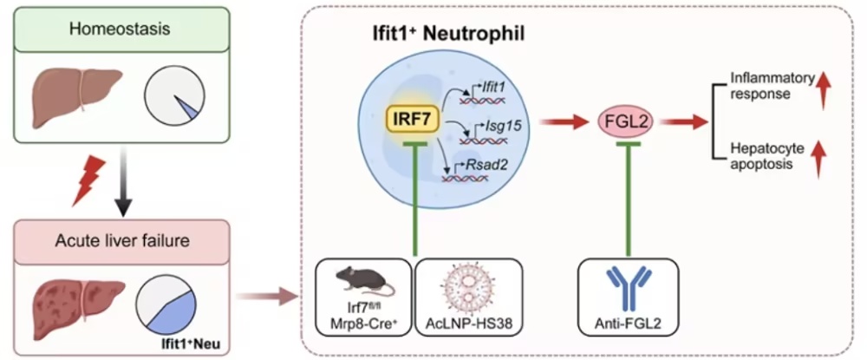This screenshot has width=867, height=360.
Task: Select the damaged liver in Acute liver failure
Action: pyautogui.click(x=69, y=304)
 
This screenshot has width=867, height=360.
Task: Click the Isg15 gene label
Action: pyautogui.click(x=504, y=127)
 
